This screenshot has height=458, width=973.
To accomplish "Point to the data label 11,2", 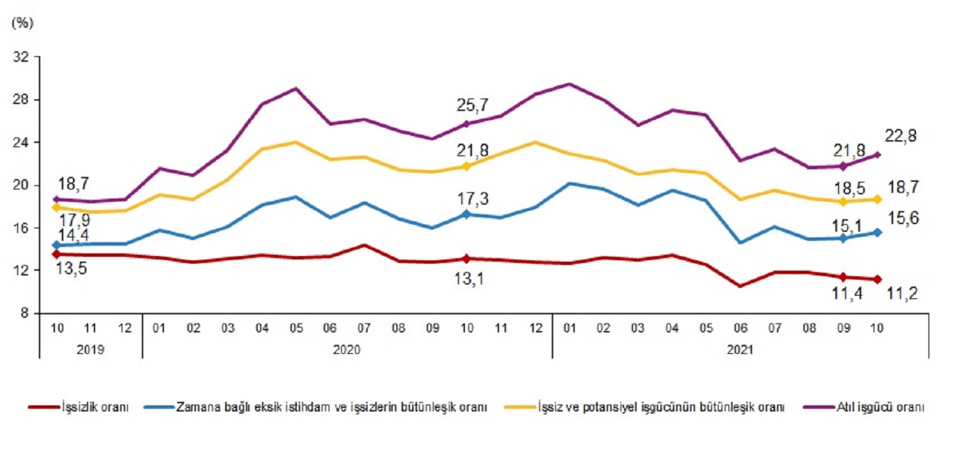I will (903, 294).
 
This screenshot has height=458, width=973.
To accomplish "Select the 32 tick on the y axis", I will (22, 58).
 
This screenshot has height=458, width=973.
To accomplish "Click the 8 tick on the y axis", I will (26, 313).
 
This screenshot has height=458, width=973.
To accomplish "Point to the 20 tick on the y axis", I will (22, 185).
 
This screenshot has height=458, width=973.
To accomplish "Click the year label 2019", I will (90, 350).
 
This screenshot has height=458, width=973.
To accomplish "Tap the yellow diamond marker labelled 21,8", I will (466, 167).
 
